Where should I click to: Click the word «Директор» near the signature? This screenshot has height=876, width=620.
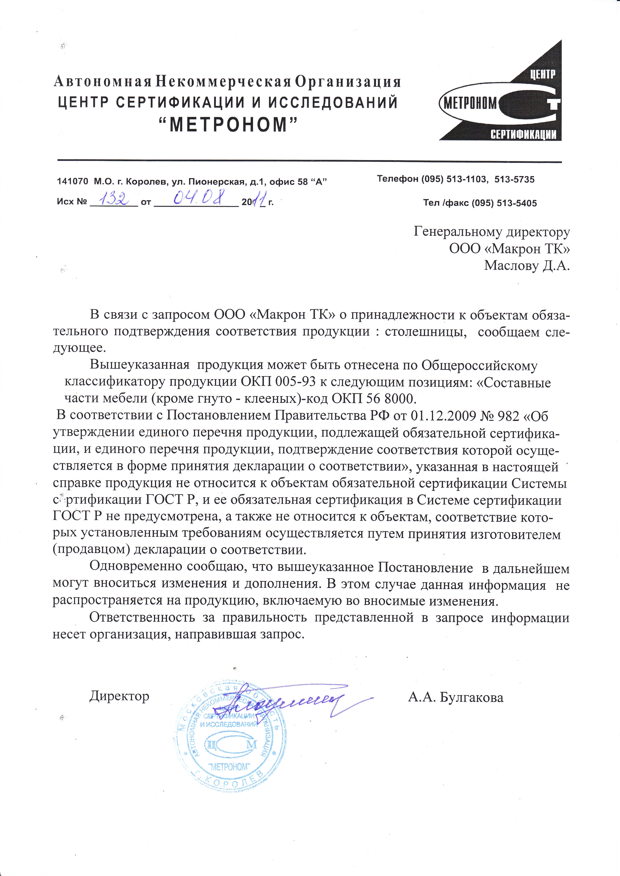(119, 696)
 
